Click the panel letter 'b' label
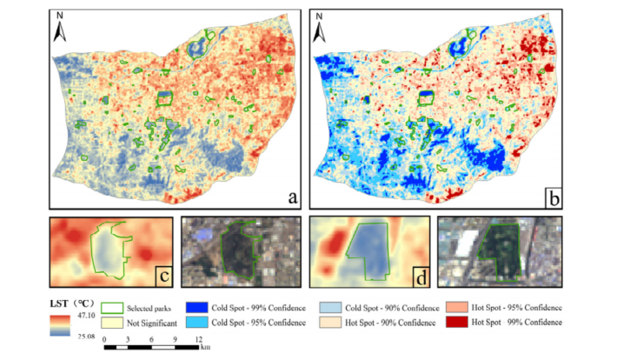pyautogui.click(x=553, y=197)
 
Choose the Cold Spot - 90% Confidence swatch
pyautogui.click(x=331, y=309)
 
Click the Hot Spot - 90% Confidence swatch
pyautogui.click(x=331, y=323)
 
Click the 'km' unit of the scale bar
pyautogui.click(x=206, y=348)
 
